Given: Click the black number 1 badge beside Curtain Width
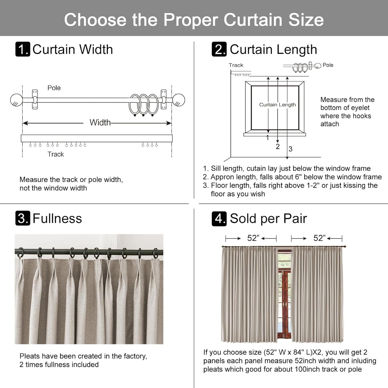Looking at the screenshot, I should click(x=23, y=49).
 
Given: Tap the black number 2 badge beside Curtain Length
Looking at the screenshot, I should click(x=219, y=49).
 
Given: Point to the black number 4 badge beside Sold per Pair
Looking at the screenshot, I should click(x=219, y=218).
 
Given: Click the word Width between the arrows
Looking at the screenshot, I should click(x=100, y=122).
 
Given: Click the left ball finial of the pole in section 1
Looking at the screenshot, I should click(x=16, y=100).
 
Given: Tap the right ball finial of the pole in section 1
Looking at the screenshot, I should click(x=179, y=100).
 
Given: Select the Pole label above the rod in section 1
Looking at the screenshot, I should click(x=54, y=88).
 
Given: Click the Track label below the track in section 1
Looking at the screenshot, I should click(x=56, y=154).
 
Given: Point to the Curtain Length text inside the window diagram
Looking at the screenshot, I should click(x=277, y=105).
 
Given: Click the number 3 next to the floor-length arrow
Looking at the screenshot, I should click(x=290, y=149).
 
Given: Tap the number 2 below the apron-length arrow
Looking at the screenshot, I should click(x=278, y=147).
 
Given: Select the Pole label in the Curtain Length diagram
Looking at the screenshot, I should click(x=328, y=65).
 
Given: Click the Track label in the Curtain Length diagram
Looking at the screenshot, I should click(x=236, y=65).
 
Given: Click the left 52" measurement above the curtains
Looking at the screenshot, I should click(x=253, y=238).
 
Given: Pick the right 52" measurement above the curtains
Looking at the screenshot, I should click(x=320, y=238).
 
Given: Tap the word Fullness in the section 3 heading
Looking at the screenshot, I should click(x=57, y=218).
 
